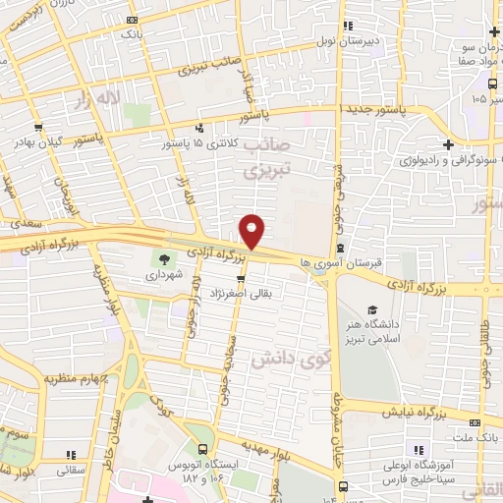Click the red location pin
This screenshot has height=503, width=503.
[x=252, y=231]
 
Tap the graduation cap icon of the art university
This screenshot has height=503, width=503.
[x=371, y=309]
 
